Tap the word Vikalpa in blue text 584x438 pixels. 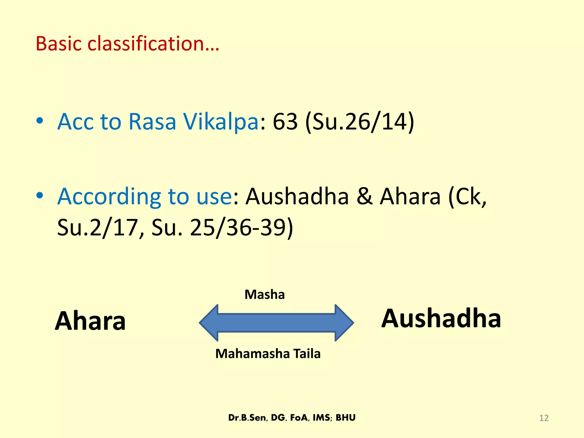coord(221,122)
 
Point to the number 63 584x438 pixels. coord(285,122)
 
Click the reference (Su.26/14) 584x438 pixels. coord(360,122)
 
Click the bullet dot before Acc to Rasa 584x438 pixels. coord(40,121)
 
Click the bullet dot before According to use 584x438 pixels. coord(40,196)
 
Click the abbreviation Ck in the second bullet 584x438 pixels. coord(468,197)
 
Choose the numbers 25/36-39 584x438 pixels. coord(241,228)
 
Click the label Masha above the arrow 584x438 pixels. coord(265,295)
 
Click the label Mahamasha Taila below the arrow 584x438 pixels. coord(268,354)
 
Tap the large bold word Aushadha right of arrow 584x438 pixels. coord(441,318)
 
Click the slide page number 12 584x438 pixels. coord(544,418)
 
